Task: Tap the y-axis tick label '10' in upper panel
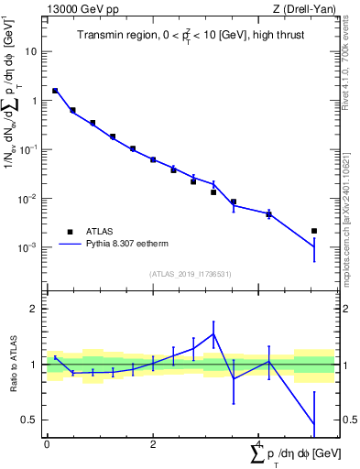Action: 31,51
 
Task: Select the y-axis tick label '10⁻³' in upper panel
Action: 29,248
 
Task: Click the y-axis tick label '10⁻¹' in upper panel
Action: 29,150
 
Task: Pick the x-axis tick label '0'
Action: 47,444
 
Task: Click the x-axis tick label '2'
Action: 153,444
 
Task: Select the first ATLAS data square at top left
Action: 55,91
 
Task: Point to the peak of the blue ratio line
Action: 213,333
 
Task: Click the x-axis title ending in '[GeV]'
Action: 295,453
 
